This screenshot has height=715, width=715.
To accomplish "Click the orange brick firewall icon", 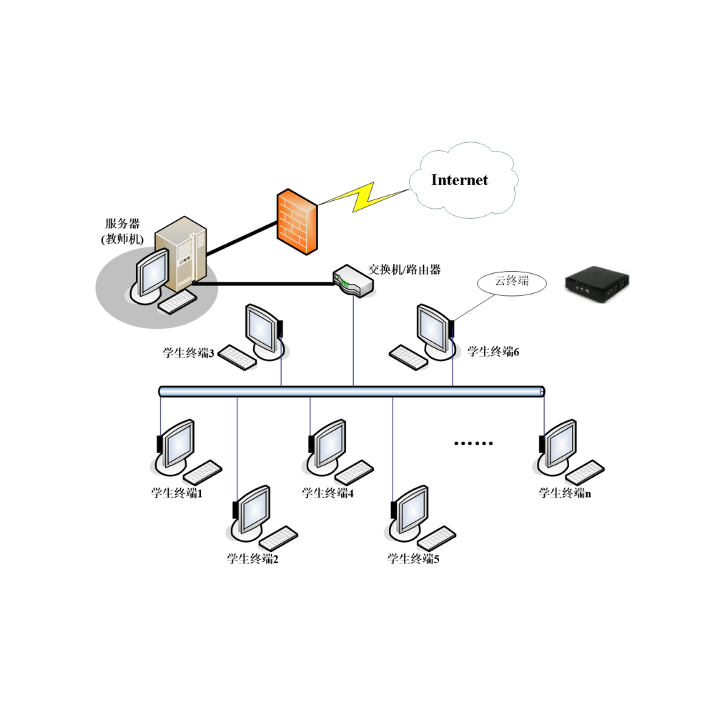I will (x=297, y=221).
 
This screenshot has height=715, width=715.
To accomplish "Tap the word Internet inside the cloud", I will (x=459, y=179).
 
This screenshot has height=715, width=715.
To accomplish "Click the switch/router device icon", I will (x=353, y=280).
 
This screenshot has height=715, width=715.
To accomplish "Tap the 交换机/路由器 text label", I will (x=404, y=270).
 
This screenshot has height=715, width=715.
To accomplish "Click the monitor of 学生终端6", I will (x=435, y=327).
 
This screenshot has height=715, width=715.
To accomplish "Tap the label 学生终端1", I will (x=177, y=493).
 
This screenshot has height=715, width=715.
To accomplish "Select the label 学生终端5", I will (x=413, y=558).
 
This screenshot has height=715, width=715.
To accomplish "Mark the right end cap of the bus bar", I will (x=543, y=391).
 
